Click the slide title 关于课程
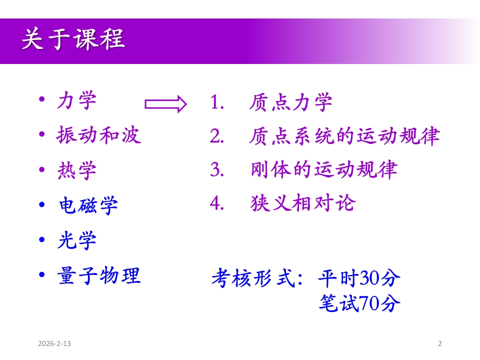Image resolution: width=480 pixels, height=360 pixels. [x=73, y=39]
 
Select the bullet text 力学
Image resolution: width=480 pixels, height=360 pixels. [x=77, y=100]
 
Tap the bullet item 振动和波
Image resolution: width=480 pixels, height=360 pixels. [x=99, y=135]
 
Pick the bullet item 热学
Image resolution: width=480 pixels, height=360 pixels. [x=77, y=170]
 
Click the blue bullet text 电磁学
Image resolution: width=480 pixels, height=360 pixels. [x=88, y=205]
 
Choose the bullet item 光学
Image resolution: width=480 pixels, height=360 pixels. [x=77, y=240]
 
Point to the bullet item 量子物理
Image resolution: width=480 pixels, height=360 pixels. [x=99, y=275]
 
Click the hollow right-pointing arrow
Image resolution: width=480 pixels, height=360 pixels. [x=165, y=104]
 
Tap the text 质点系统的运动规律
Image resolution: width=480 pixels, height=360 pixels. [x=344, y=136]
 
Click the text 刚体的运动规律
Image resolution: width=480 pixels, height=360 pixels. [x=324, y=169]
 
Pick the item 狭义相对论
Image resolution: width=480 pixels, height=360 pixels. [x=303, y=203]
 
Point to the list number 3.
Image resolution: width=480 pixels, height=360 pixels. [x=217, y=169]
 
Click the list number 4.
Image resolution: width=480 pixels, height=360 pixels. [x=217, y=203]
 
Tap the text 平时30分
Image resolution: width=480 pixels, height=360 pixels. [x=359, y=278]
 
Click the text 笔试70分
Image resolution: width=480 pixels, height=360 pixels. [x=359, y=303]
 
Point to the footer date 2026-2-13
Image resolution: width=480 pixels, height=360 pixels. [x=54, y=343]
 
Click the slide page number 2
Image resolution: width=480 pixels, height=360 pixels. [x=440, y=343]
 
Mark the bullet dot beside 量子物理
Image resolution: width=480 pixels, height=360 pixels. [x=42, y=274]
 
